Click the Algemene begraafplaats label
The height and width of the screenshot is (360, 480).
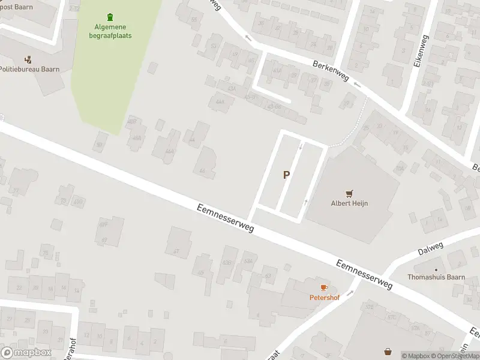click(112, 31)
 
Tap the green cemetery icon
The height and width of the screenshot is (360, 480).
click(109, 17)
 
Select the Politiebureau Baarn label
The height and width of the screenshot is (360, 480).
click(29, 70)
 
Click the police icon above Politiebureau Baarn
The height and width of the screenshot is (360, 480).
click(28, 59)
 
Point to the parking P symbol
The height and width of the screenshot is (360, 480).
click(287, 175)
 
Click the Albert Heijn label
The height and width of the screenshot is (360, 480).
click(349, 203)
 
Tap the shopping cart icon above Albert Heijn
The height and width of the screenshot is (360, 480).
click(349, 193)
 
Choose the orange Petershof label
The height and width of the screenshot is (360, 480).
click(323, 297)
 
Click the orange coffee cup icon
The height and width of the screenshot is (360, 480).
click(324, 287)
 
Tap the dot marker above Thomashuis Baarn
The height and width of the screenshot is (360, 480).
click(436, 268)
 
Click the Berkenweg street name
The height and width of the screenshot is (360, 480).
click(331, 74)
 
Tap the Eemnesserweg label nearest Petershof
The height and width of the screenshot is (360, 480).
click(364, 274)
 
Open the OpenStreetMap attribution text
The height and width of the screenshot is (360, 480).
click(458, 356)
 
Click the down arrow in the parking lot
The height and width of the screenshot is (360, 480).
click(301, 146)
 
